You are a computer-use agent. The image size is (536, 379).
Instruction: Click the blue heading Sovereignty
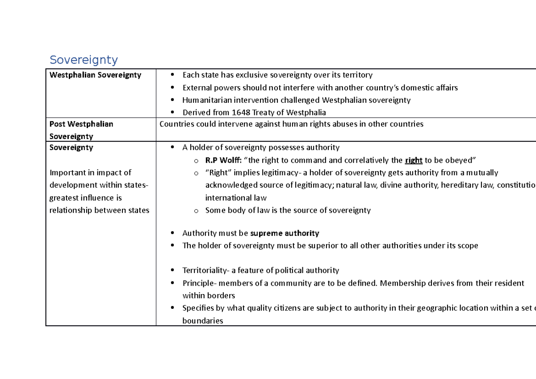click(84, 60)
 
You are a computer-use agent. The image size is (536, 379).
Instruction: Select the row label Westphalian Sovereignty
click(95, 75)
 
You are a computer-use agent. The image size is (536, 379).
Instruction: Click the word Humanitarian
click(206, 100)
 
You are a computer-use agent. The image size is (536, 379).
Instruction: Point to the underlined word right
click(414, 160)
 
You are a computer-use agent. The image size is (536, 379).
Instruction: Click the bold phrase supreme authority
click(285, 233)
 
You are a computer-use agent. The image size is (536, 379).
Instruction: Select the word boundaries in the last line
click(203, 320)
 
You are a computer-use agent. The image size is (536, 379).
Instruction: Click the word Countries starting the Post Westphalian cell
click(176, 124)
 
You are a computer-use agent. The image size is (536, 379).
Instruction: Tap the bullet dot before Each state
click(173, 76)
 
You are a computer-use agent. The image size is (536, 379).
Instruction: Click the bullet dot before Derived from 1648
click(173, 113)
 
